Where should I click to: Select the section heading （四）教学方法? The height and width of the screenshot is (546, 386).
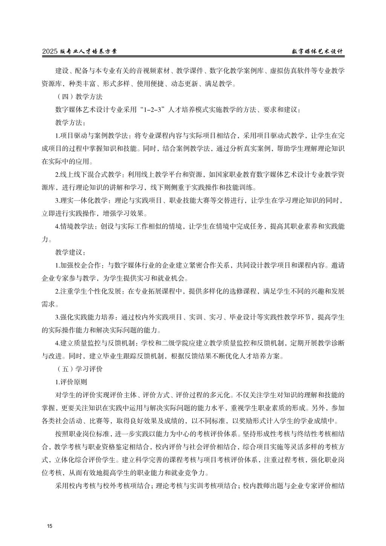[x=78, y=97]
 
